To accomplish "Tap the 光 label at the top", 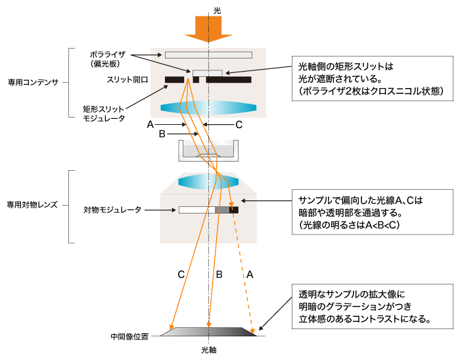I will (x=209, y=9).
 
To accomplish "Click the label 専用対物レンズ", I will (x=33, y=204).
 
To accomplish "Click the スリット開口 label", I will (x=127, y=79).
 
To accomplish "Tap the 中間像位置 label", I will (x=130, y=336).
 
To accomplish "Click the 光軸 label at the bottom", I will (x=208, y=350).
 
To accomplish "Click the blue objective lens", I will (x=208, y=182).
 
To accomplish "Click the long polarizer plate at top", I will (x=208, y=55).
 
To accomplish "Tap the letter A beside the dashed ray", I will (x=249, y=276).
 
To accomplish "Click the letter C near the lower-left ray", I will (x=181, y=275).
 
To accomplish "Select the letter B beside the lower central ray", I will (x=219, y=275).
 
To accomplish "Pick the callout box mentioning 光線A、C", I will (x=372, y=212).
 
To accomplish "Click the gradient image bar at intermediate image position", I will (x=208, y=333).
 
